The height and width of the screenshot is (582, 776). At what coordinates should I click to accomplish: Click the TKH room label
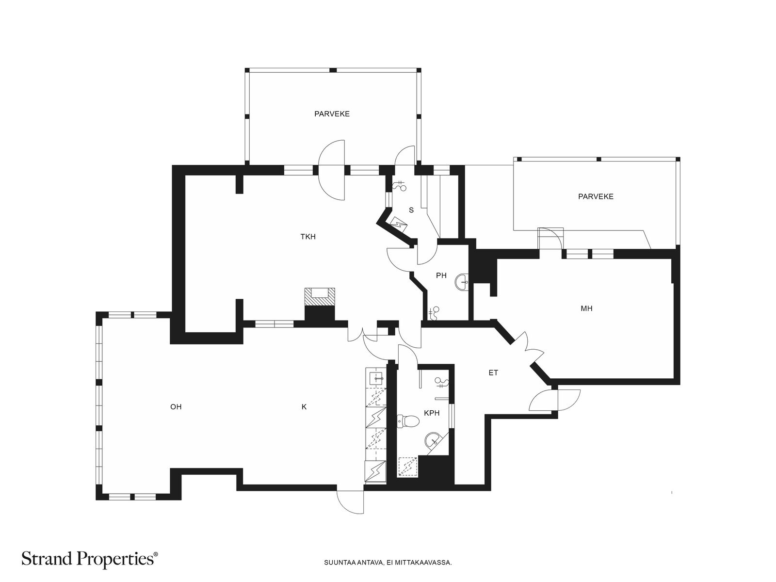pyautogui.click(x=307, y=237)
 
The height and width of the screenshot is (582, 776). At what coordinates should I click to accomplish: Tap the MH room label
pyautogui.click(x=586, y=308)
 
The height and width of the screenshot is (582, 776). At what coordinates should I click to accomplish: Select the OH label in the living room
pyautogui.click(x=176, y=407)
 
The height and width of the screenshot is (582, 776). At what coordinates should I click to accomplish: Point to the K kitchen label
pyautogui.click(x=304, y=407)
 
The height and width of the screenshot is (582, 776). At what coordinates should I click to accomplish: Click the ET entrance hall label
pyautogui.click(x=493, y=372)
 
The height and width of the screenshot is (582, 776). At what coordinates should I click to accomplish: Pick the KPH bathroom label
pyautogui.click(x=432, y=413)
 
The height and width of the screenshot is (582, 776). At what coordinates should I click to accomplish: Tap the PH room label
pyautogui.click(x=441, y=275)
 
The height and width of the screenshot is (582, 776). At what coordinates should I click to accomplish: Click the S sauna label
pyautogui.click(x=411, y=210)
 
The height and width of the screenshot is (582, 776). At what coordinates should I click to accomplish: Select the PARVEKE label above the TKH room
pyautogui.click(x=332, y=114)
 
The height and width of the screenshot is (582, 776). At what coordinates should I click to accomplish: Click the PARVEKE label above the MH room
pyautogui.click(x=596, y=196)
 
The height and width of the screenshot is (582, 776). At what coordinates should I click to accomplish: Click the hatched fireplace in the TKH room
pyautogui.click(x=320, y=296)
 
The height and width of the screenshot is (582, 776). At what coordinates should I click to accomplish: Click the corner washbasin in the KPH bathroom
pyautogui.click(x=433, y=440)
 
